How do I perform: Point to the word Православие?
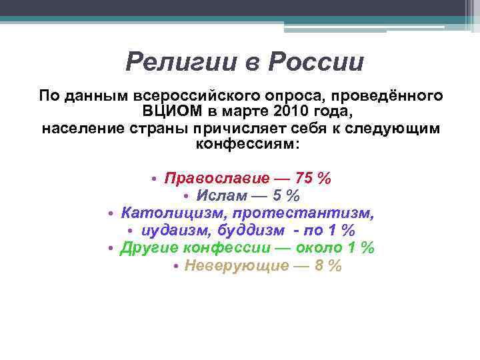[x=217, y=179]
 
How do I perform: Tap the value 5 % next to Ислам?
[x=285, y=196]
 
